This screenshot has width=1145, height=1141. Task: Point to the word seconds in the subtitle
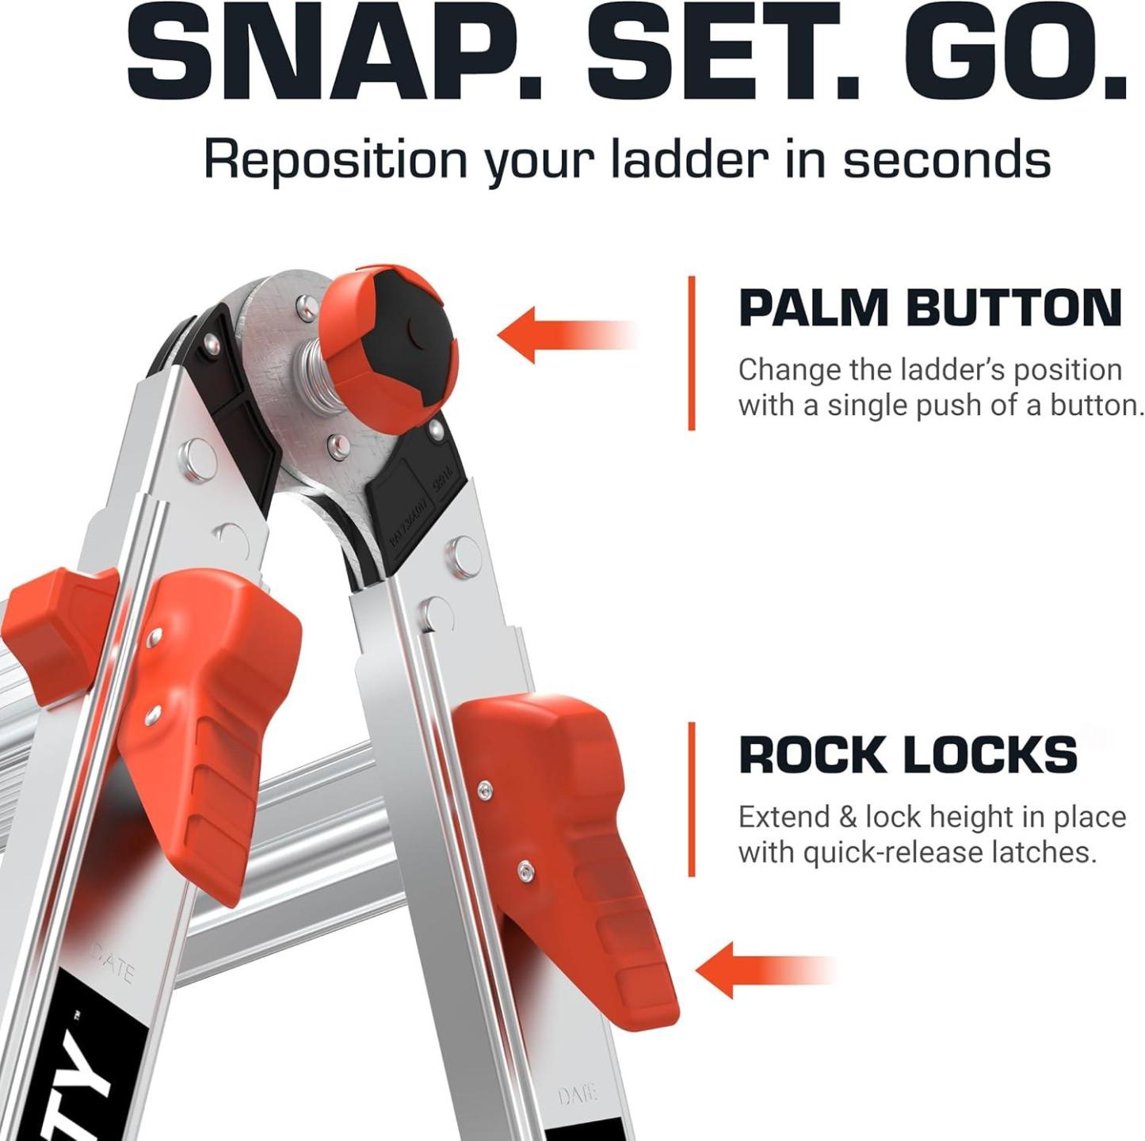(946, 159)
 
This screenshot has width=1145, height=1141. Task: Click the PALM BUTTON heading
(930, 307)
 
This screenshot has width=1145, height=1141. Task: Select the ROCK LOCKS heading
(908, 755)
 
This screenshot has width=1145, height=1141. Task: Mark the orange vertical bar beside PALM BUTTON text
(692, 353)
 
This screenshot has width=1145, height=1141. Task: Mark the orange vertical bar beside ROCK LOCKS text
(692, 799)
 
